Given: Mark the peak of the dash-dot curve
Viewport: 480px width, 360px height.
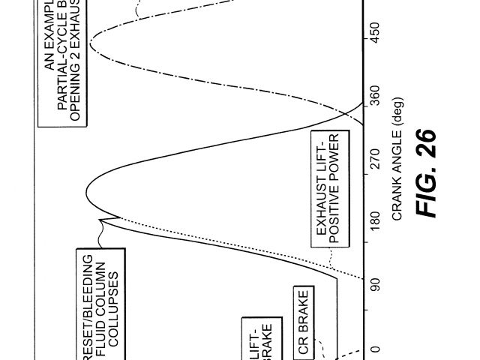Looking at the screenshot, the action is click(89, 46).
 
